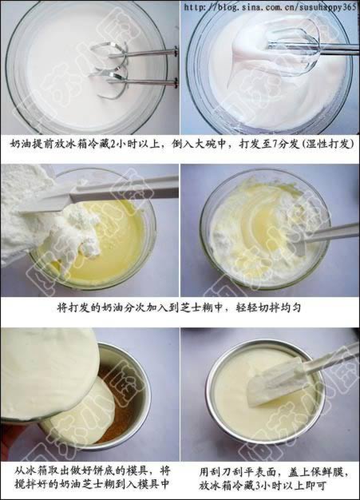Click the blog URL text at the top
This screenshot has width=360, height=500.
click(x=270, y=7)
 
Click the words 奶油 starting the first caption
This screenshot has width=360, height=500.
click(x=20, y=145)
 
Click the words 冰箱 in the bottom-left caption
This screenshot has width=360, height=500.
click(x=34, y=471)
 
